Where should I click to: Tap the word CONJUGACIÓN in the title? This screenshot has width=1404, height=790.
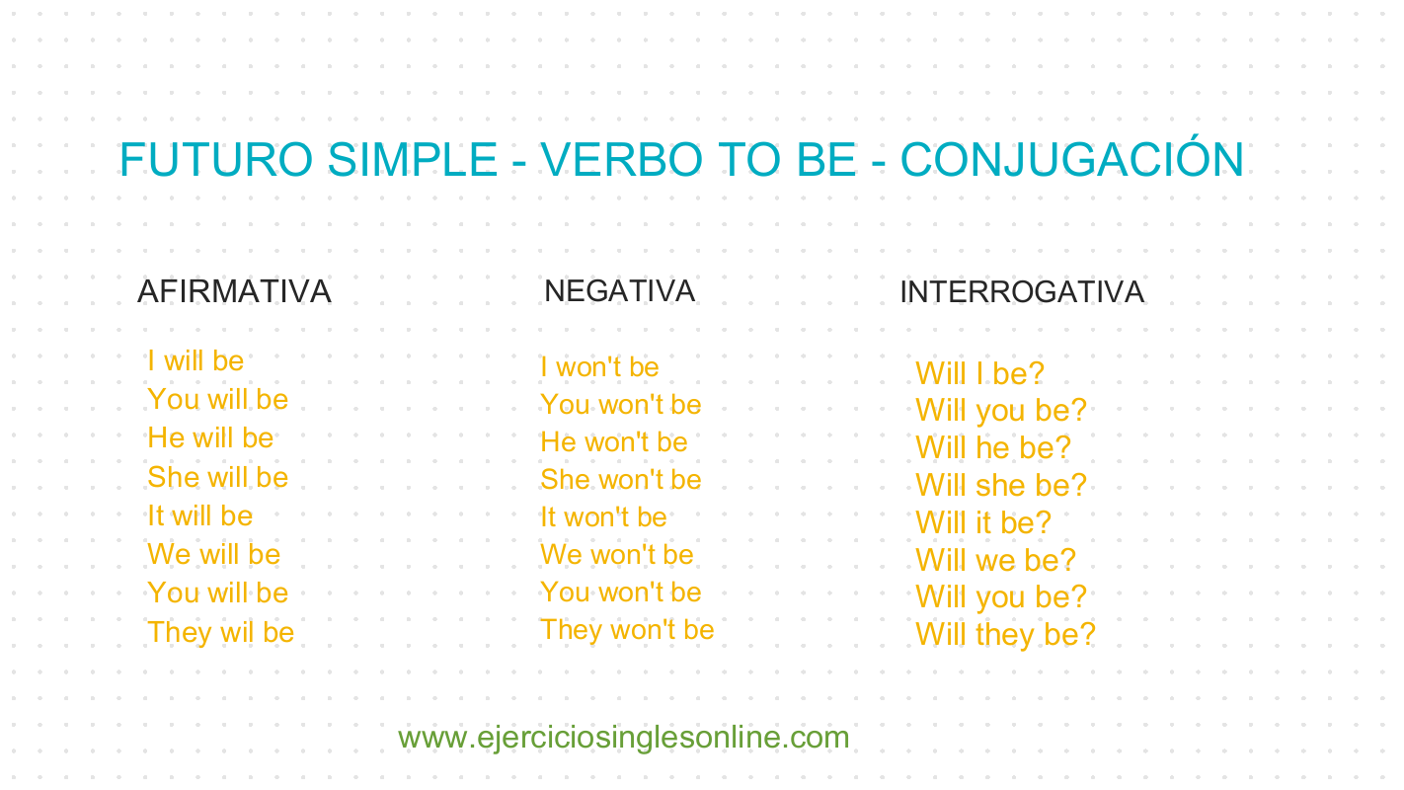[1071, 160]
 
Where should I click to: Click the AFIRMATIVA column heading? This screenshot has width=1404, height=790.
[234, 292]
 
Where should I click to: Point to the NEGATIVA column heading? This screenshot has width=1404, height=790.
[619, 291]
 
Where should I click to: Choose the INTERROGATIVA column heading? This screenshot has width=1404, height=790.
[1022, 292]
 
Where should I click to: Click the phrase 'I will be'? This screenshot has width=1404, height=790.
[195, 361]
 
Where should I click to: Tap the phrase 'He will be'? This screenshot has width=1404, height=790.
[210, 438]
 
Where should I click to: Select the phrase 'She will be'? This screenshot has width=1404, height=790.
[217, 478]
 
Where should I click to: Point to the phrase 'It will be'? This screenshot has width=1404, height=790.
[199, 516]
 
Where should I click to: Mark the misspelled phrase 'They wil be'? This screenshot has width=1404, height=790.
[220, 633]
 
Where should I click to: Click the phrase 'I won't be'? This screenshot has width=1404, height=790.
[599, 367]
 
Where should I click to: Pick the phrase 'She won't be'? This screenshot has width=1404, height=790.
[620, 480]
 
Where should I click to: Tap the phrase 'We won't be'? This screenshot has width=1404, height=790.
[616, 555]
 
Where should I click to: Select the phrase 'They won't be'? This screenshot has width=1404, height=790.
[627, 630]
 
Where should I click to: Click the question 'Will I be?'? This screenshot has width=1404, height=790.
[979, 374]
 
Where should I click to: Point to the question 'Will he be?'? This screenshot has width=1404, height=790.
[992, 448]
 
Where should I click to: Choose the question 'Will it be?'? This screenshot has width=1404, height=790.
[983, 523]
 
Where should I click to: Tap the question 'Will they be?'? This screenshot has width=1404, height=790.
[1005, 635]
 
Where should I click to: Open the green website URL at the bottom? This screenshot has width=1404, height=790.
[623, 738]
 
